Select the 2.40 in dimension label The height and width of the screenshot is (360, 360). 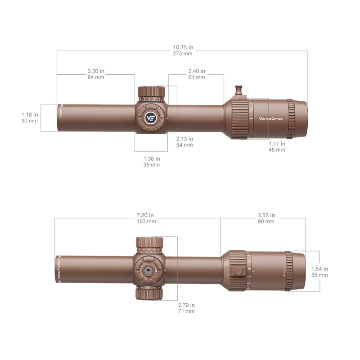(197, 74)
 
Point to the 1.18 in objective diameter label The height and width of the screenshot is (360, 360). (30, 118)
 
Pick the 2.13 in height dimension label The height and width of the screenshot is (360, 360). (184, 142)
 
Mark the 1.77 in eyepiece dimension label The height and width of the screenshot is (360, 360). (276, 146)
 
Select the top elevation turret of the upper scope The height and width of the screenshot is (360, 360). (152, 94)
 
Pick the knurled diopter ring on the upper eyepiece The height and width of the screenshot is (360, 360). (292, 118)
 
